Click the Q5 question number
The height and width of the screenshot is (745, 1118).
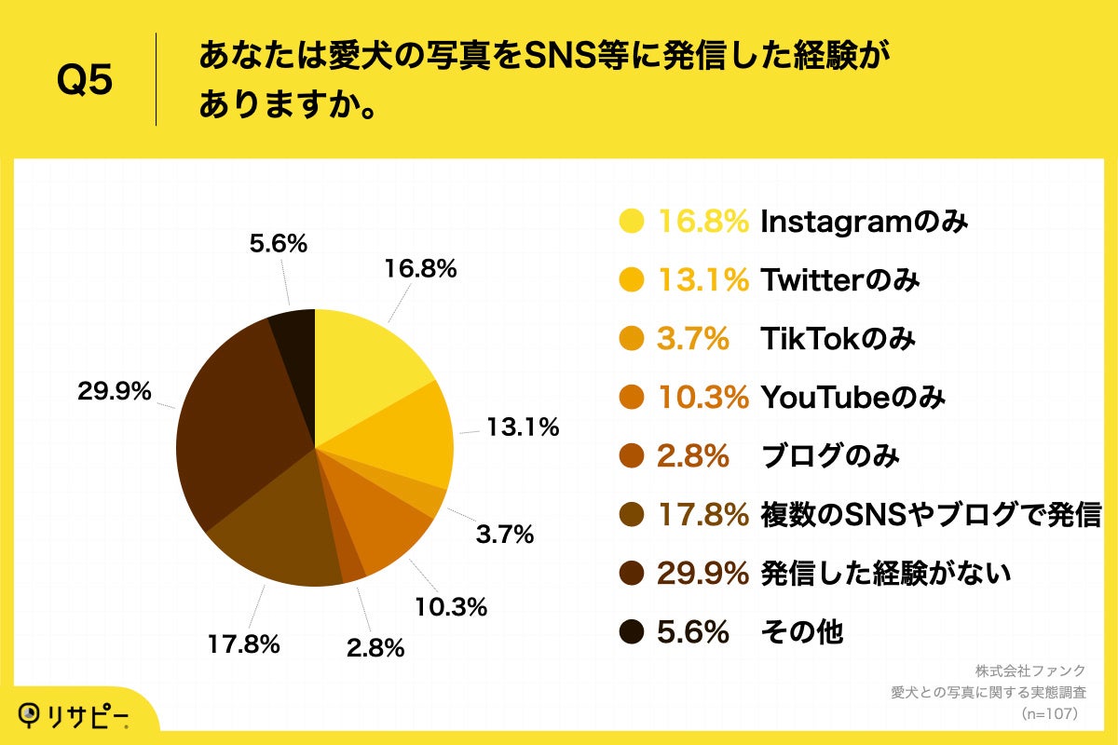pos(85,81)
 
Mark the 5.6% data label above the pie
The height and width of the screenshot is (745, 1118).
pos(279,244)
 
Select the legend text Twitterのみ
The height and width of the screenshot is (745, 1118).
pos(840,280)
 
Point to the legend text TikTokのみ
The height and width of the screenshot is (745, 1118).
pos(838,339)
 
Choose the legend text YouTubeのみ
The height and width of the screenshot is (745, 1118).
pos(853,398)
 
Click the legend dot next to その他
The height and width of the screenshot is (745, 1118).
pos(632,632)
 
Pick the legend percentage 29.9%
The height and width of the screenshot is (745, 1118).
pos(703,574)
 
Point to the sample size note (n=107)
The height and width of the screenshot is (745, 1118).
pos(1049,713)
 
